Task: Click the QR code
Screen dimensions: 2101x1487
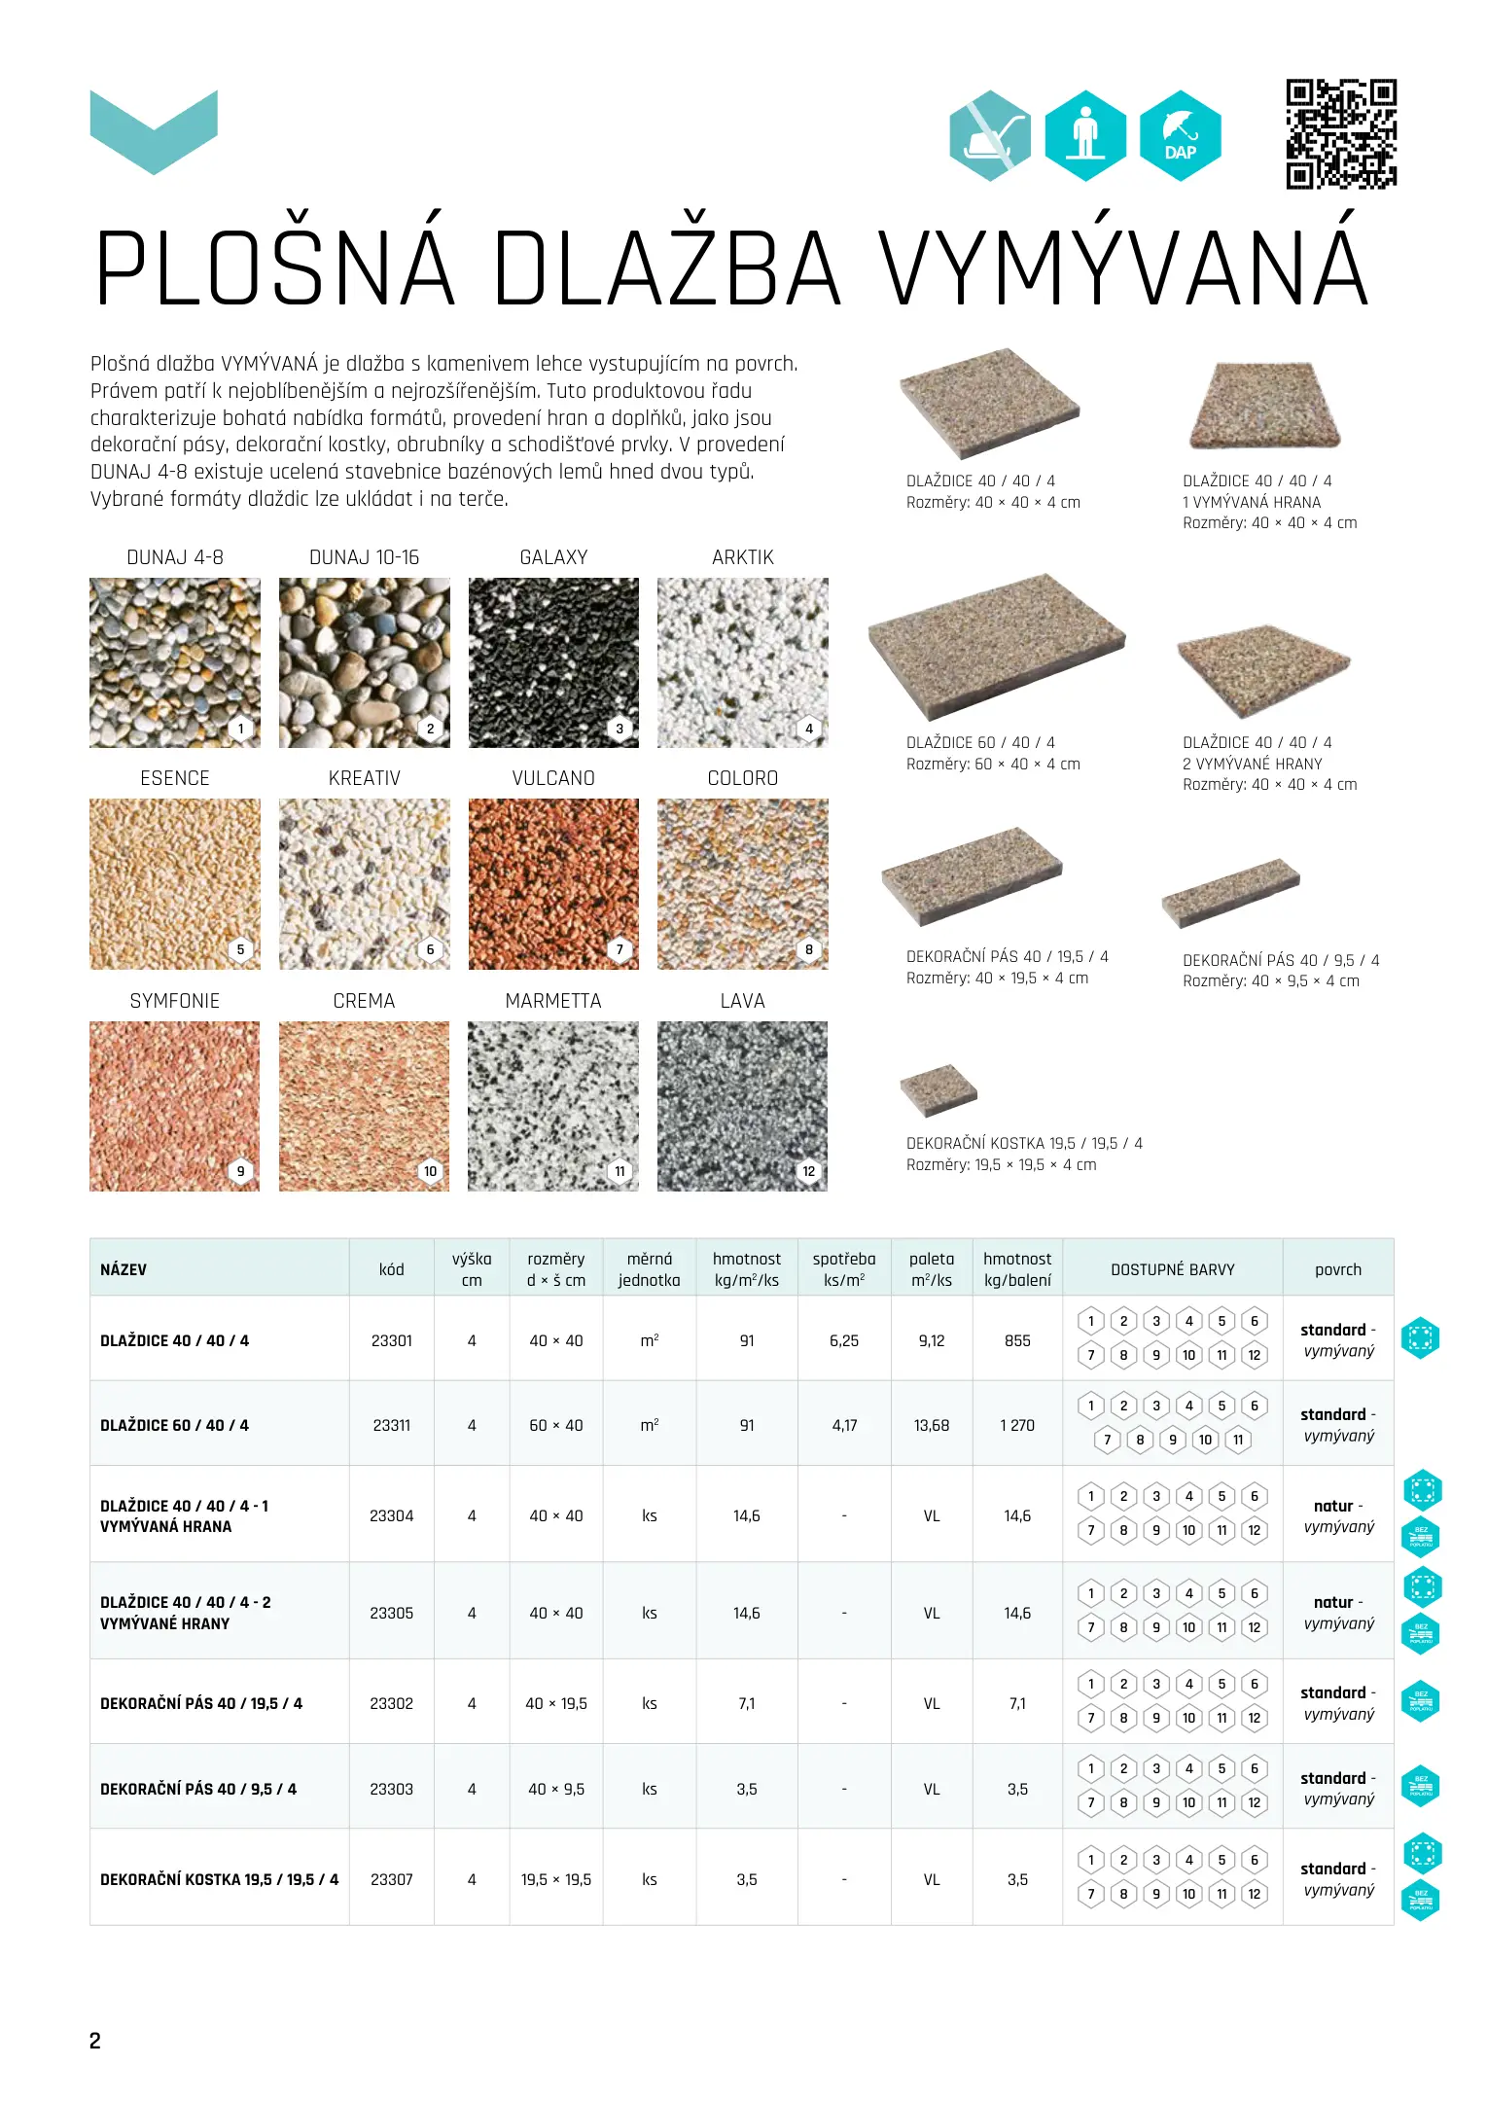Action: (1341, 134)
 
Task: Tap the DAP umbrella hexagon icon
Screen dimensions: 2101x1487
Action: (1180, 136)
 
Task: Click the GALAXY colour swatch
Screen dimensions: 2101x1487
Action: (553, 662)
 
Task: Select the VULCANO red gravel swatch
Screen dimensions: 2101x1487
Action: (553, 883)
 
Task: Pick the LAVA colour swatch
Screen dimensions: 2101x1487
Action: (742, 1106)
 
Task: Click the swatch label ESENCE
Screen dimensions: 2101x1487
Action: (175, 778)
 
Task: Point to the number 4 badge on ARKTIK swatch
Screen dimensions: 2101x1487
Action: (809, 729)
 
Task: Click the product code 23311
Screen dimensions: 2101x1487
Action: (392, 1425)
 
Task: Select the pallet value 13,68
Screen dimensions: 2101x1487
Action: (932, 1425)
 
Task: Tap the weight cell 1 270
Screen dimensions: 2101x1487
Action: (1017, 1425)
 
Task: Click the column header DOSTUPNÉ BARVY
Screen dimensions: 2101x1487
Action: (1173, 1269)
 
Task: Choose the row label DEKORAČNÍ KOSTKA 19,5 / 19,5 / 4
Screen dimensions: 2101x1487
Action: (219, 1879)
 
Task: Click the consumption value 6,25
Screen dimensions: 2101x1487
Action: (844, 1340)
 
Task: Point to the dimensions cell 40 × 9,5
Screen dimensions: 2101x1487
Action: (556, 1789)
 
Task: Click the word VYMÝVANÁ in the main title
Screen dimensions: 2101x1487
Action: (1123, 267)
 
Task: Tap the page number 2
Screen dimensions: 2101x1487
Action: (95, 2041)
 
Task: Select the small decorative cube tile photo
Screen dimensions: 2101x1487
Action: (938, 1089)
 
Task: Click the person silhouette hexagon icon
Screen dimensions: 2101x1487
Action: (1085, 136)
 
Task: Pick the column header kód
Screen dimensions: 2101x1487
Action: (392, 1269)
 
